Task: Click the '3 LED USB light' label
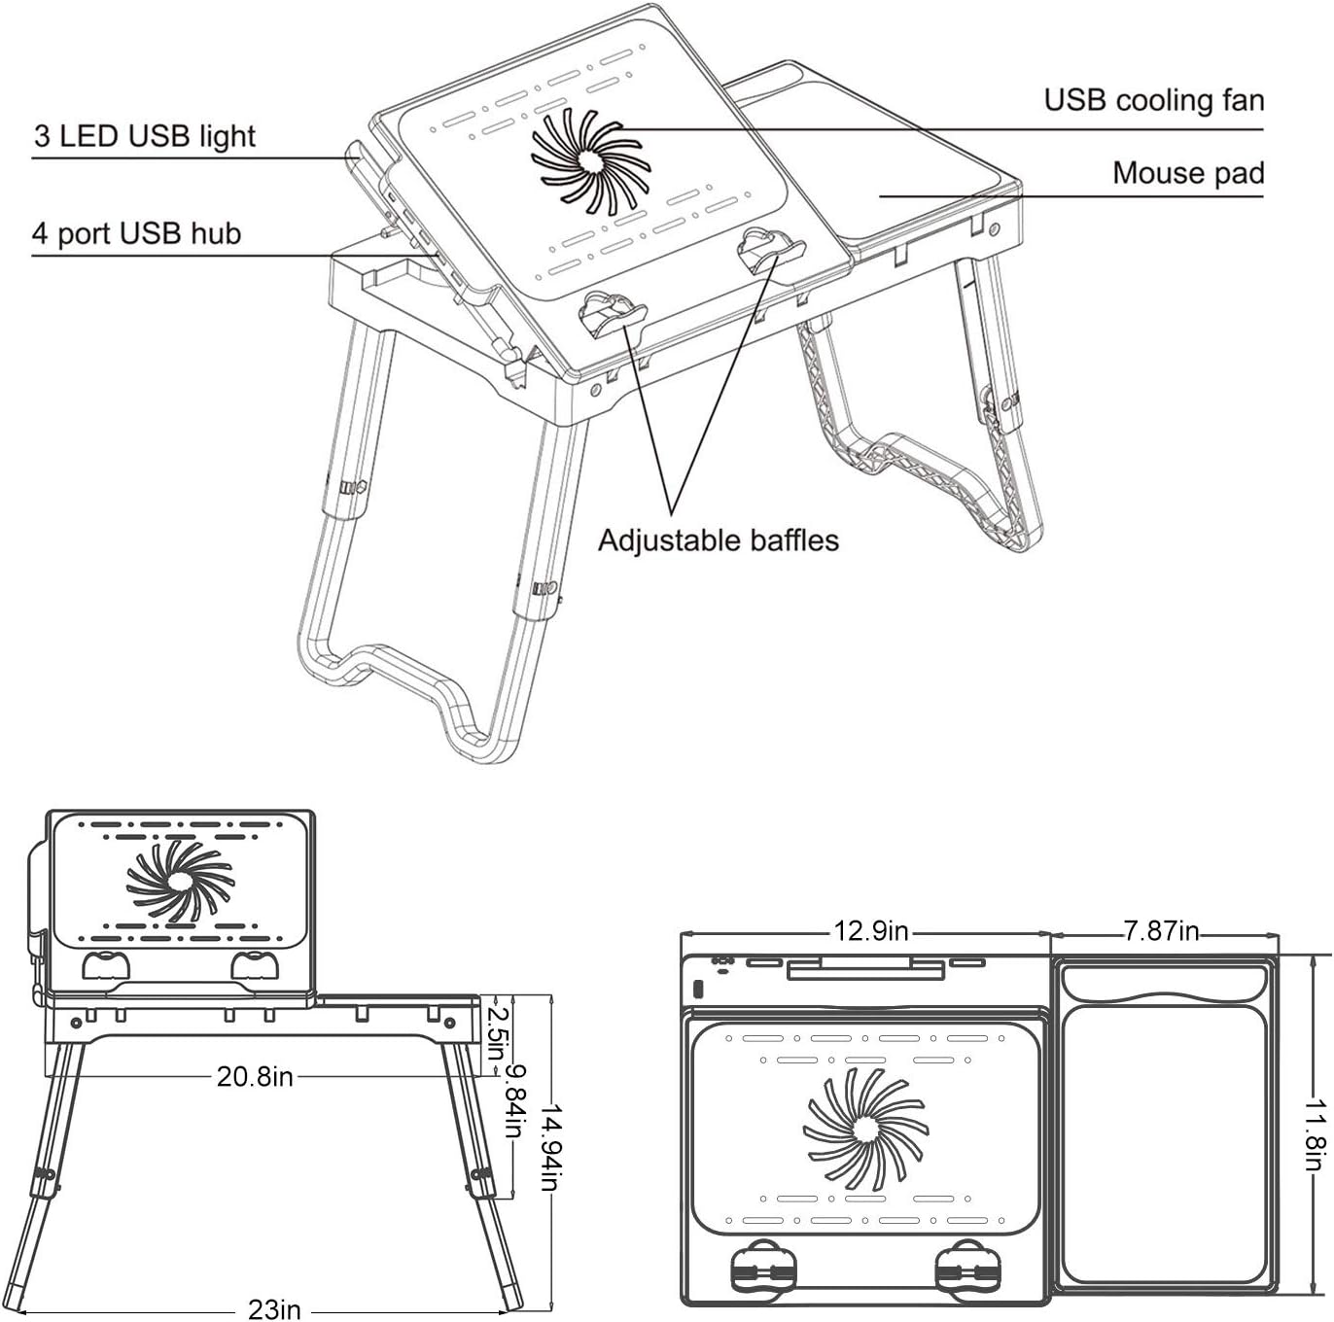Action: pyautogui.click(x=145, y=136)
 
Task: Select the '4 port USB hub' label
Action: pyautogui.click(x=136, y=234)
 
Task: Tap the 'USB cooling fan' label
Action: pyautogui.click(x=1153, y=100)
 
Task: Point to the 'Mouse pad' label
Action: pyautogui.click(x=1187, y=173)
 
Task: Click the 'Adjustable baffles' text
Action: pyautogui.click(x=718, y=540)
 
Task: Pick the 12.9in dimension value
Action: pyautogui.click(x=870, y=931)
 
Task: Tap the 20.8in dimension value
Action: pyautogui.click(x=255, y=1077)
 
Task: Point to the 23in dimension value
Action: pyautogui.click(x=274, y=1309)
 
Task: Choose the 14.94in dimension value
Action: pyautogui.click(x=550, y=1147)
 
